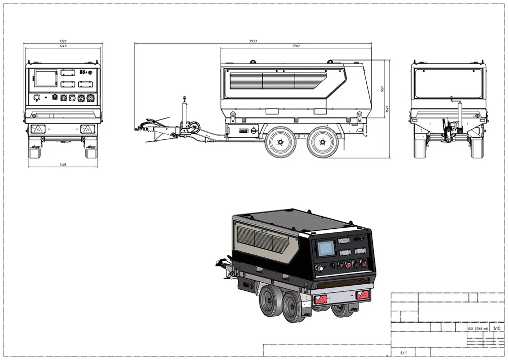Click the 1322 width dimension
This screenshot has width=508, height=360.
pyautogui.click(x=62, y=41)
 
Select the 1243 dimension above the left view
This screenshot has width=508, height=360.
pyautogui.click(x=62, y=46)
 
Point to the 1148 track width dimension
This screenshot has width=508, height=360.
pyautogui.click(x=62, y=164)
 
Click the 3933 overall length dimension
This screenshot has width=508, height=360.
pyautogui.click(x=253, y=41)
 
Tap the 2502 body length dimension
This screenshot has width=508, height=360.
pyautogui.click(x=296, y=46)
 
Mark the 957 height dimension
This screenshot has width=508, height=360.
pyautogui.click(x=382, y=88)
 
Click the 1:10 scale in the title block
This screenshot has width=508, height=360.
pyautogui.click(x=496, y=329)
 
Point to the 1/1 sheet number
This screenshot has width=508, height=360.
pyautogui.click(x=403, y=352)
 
